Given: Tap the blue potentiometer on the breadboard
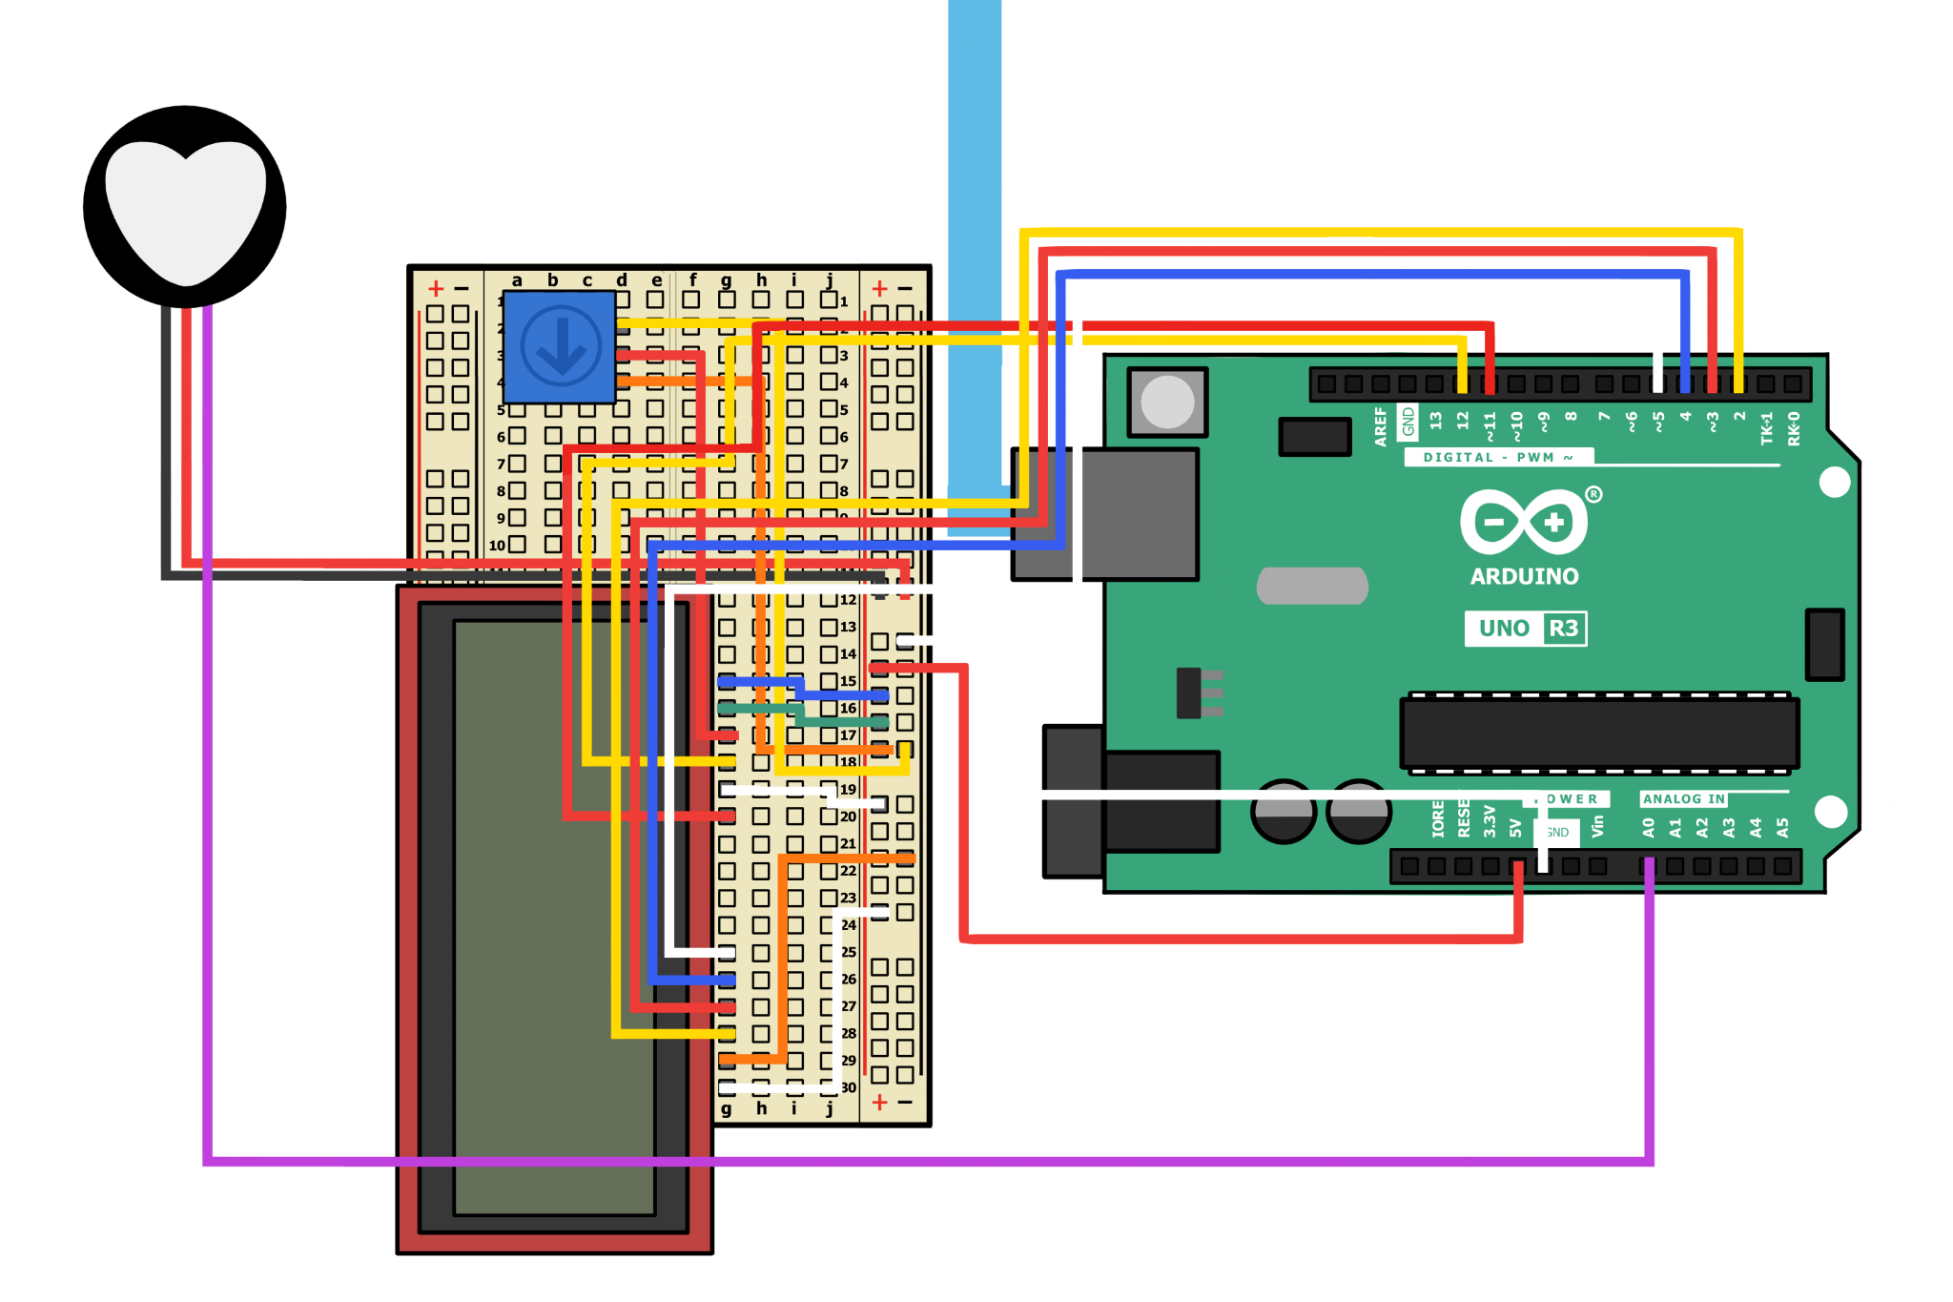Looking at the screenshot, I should click(x=560, y=346).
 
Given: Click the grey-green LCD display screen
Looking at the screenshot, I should click(x=553, y=916).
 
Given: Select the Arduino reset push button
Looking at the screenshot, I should click(x=1167, y=402).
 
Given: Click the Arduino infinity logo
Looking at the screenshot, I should click(x=1524, y=522).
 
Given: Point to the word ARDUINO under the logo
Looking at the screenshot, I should click(x=1524, y=576).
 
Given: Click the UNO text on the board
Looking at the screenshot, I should click(x=1504, y=629).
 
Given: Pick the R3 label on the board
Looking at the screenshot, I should click(x=1564, y=629).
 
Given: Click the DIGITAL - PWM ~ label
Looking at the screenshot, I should click(x=1497, y=458).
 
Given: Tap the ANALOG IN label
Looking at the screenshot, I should click(x=1683, y=799).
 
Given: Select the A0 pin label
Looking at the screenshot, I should click(x=1649, y=827).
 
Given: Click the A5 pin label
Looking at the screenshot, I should click(x=1782, y=827).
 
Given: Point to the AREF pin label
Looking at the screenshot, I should click(x=1380, y=426).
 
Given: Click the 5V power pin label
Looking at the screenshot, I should click(x=1516, y=827).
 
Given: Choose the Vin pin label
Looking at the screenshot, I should click(x=1598, y=826).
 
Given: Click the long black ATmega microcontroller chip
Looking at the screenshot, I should click(x=1599, y=733).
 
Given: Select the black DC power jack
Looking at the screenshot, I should click(x=1135, y=801).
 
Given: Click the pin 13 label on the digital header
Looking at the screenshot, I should click(x=1435, y=420).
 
